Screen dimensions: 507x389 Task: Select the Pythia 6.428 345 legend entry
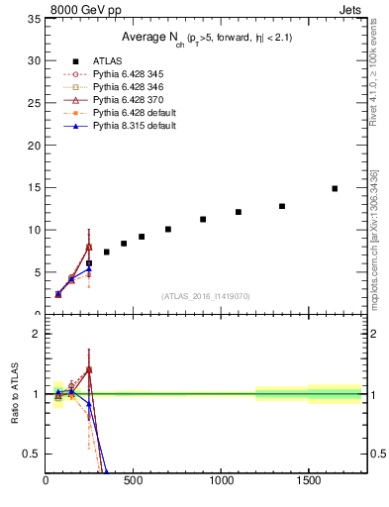click(x=125, y=74)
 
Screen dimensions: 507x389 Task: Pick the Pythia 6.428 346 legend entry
click(x=125, y=87)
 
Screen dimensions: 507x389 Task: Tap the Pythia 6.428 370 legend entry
click(x=125, y=100)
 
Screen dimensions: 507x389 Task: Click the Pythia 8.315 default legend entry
click(x=129, y=126)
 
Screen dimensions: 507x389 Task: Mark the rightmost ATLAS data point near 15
click(x=335, y=188)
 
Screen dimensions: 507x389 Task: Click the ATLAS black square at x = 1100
click(x=239, y=212)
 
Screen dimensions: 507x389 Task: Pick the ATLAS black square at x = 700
click(x=168, y=229)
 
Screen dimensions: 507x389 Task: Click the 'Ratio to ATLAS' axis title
click(x=14, y=395)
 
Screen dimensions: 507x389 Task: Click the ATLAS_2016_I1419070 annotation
click(x=205, y=296)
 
